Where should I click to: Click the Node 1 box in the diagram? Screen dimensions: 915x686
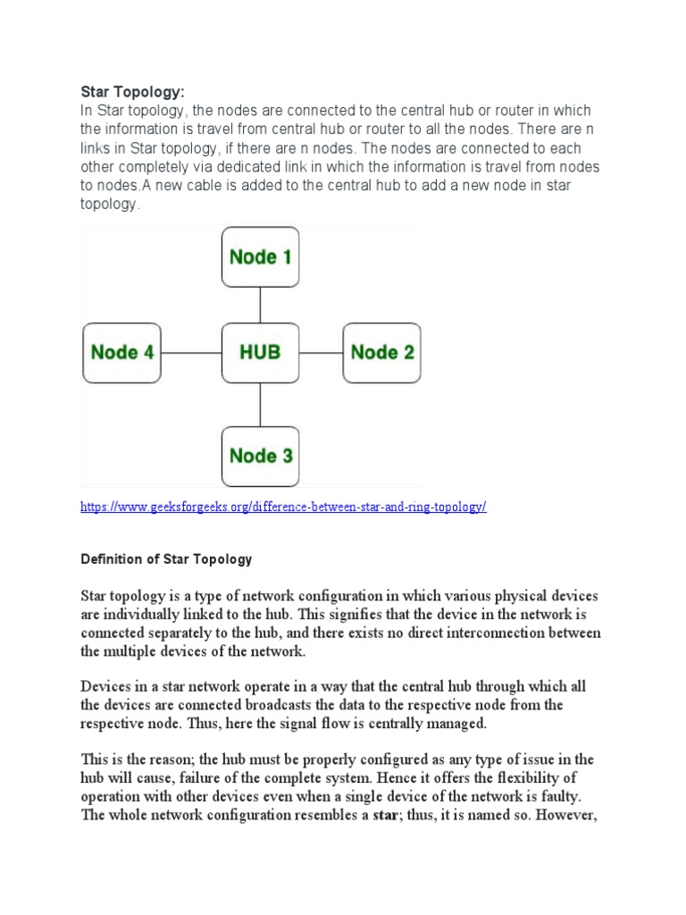click(x=260, y=256)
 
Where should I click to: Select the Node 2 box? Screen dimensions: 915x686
click(x=382, y=353)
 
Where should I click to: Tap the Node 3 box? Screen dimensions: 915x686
click(x=260, y=456)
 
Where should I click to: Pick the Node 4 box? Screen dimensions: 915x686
click(x=122, y=353)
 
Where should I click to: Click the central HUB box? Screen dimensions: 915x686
click(x=260, y=353)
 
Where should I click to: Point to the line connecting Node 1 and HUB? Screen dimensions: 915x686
click(x=260, y=305)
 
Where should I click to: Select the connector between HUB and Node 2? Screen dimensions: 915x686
click(x=321, y=353)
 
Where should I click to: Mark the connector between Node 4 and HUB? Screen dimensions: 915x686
click(x=191, y=353)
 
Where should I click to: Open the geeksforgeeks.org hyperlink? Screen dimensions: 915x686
click(x=283, y=507)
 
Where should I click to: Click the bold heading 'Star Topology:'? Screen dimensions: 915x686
click(x=135, y=92)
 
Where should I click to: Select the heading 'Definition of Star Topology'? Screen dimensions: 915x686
click(x=166, y=559)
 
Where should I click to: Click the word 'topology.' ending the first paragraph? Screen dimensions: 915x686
click(x=111, y=204)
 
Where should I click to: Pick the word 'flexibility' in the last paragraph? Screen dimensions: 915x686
click(x=556, y=778)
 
